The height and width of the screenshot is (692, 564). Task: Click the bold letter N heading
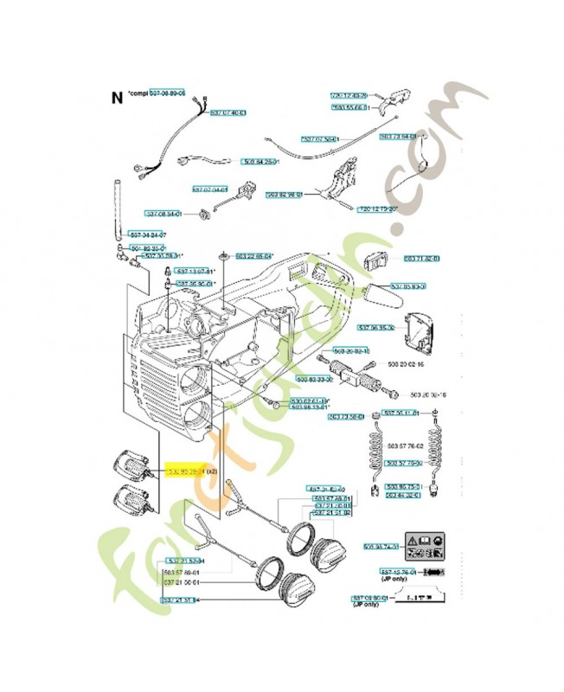coord(117,97)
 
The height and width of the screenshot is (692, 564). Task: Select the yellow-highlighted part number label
coord(191,471)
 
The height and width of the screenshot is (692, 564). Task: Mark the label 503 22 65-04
coord(252,256)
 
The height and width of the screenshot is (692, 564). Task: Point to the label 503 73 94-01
coord(398,137)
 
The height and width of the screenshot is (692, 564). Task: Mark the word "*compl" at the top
coord(137,93)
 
